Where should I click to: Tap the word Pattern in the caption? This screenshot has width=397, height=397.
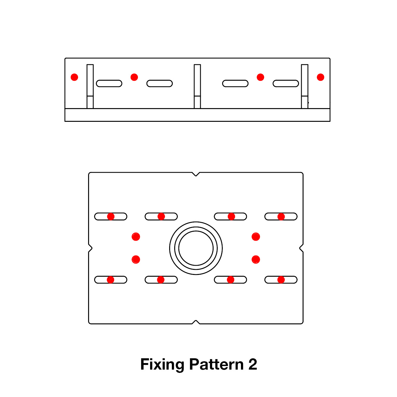pyautogui.click(x=217, y=365)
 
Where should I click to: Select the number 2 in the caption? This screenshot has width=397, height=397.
pyautogui.click(x=253, y=365)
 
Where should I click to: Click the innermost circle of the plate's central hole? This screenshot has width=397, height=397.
pyautogui.click(x=196, y=248)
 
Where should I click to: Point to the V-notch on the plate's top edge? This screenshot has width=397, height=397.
pyautogui.click(x=196, y=174)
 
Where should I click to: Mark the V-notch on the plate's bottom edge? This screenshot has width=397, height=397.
pyautogui.click(x=196, y=322)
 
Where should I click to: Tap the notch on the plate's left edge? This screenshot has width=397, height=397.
pyautogui.click(x=90, y=248)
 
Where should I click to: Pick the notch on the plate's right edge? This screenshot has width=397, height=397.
pyautogui.click(x=301, y=248)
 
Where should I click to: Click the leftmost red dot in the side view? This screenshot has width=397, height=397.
pyautogui.click(x=74, y=77)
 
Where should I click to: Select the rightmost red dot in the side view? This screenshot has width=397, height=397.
pyautogui.click(x=320, y=77)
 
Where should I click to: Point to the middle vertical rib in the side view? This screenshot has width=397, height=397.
pyautogui.click(x=197, y=86)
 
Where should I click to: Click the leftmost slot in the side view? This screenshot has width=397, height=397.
pyautogui.click(x=109, y=83)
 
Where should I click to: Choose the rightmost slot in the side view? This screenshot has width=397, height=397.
pyautogui.click(x=286, y=83)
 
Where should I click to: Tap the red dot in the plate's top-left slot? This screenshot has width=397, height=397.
pyautogui.click(x=111, y=217)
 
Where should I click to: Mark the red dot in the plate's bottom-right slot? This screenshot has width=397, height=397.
pyautogui.click(x=281, y=280)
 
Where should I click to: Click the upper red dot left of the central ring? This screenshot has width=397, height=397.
pyautogui.click(x=136, y=237)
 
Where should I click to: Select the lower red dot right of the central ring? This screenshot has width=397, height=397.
pyautogui.click(x=256, y=260)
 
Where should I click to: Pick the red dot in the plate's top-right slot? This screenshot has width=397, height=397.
pyautogui.click(x=281, y=217)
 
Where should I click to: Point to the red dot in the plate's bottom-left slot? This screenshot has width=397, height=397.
pyautogui.click(x=110, y=280)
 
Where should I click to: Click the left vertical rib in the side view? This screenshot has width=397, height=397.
pyautogui.click(x=90, y=86)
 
